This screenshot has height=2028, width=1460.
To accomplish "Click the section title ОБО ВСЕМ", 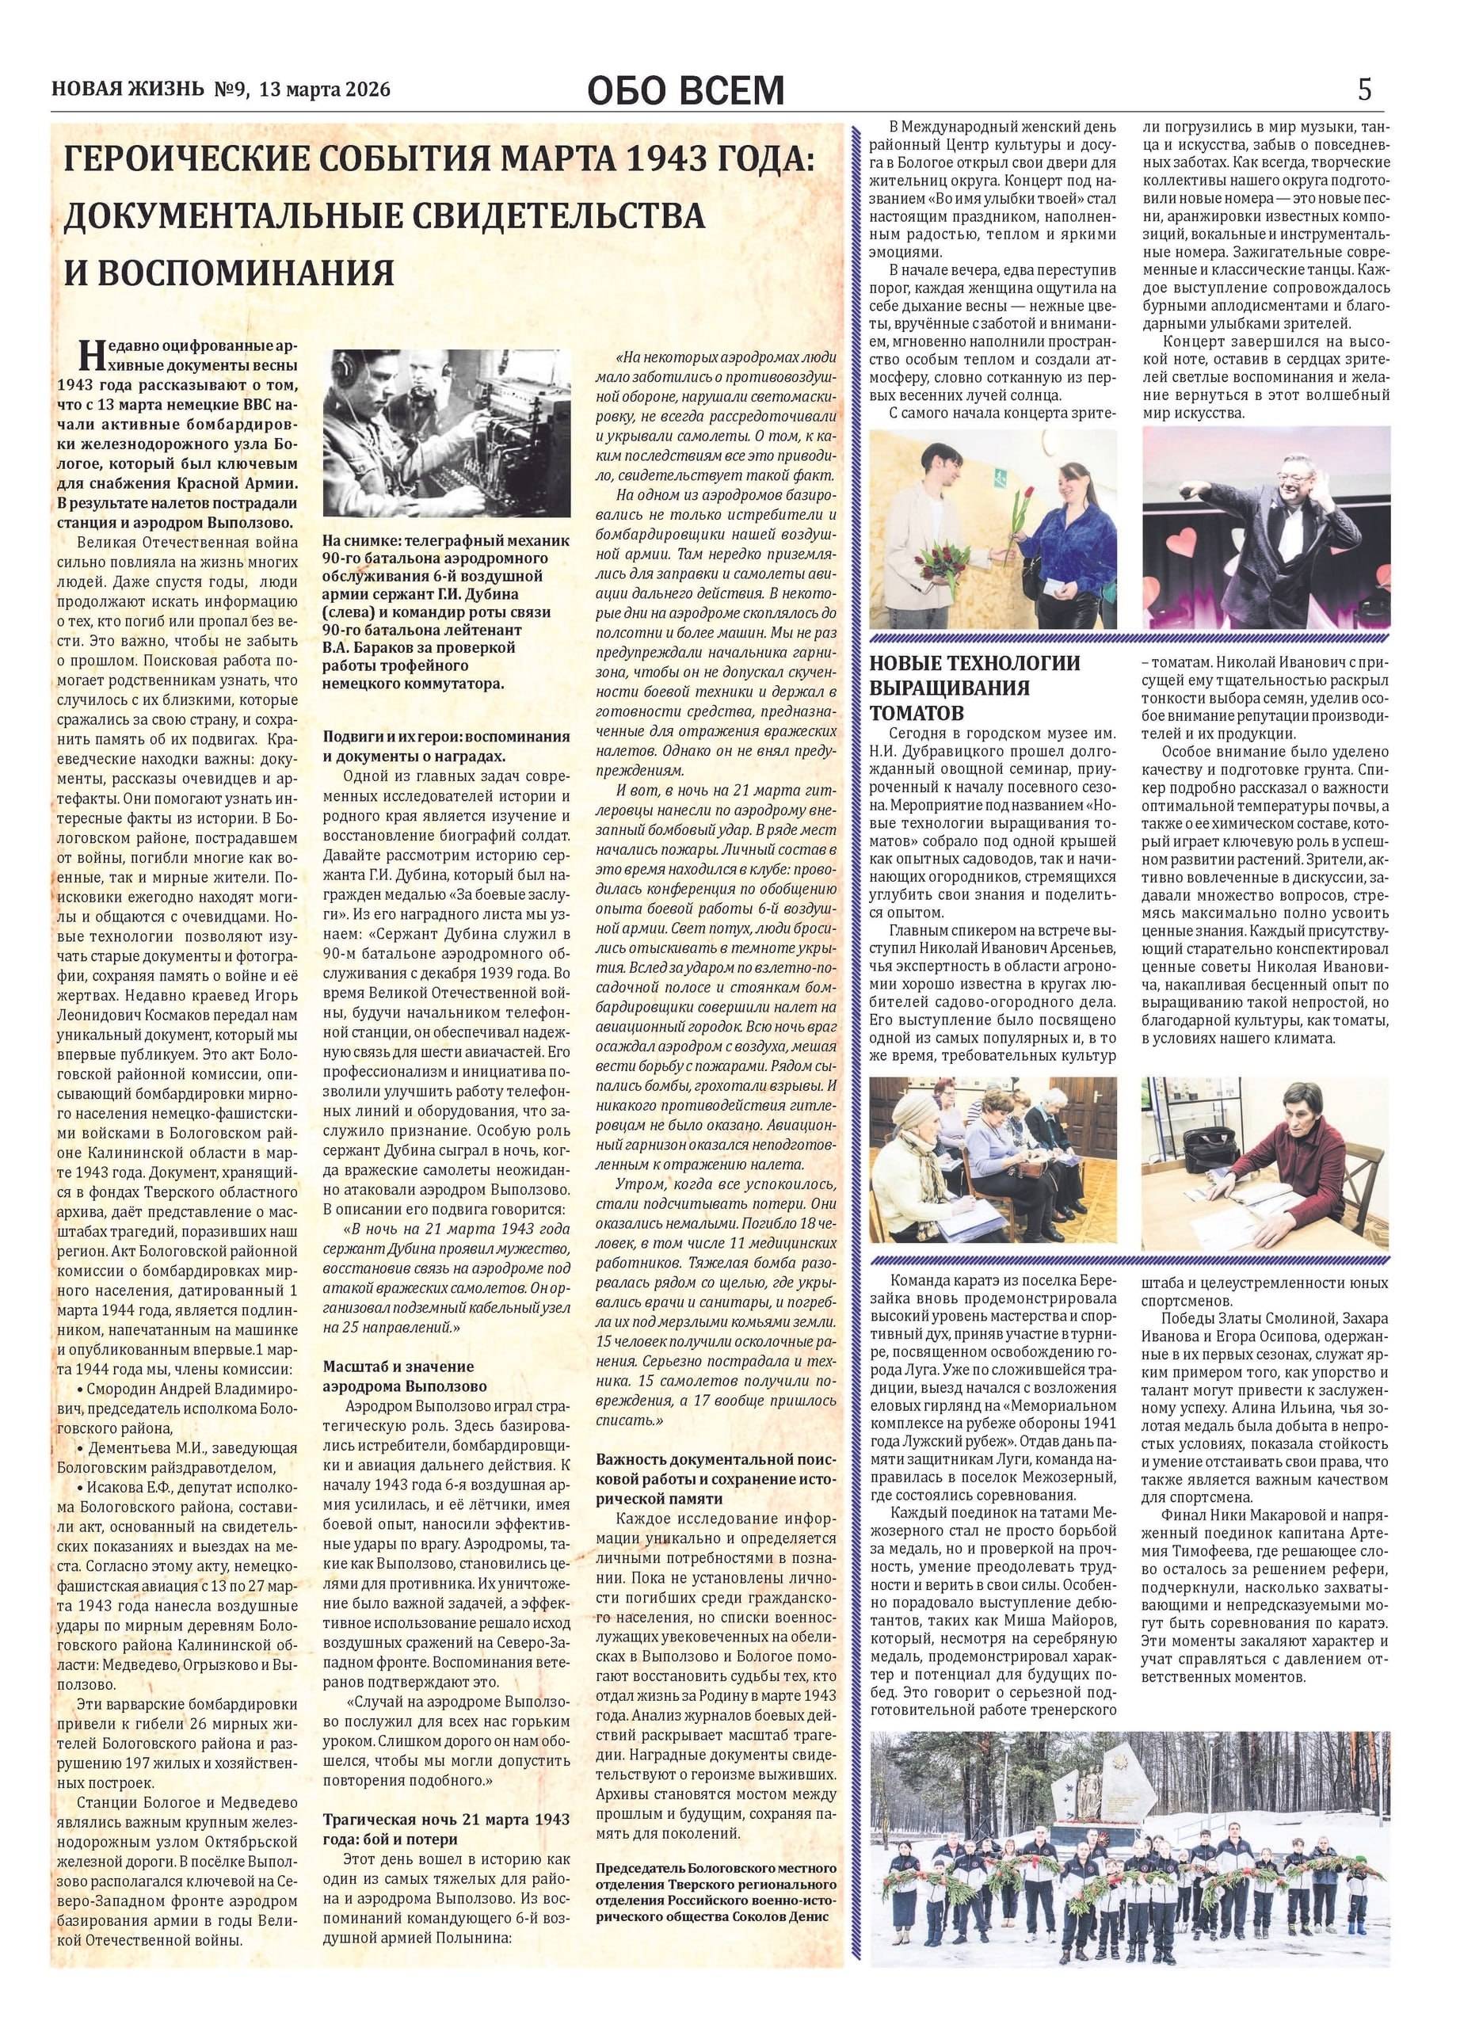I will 686,90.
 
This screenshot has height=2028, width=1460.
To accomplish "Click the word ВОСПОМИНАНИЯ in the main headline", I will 229,272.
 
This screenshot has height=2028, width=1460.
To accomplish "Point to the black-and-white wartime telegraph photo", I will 446,433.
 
